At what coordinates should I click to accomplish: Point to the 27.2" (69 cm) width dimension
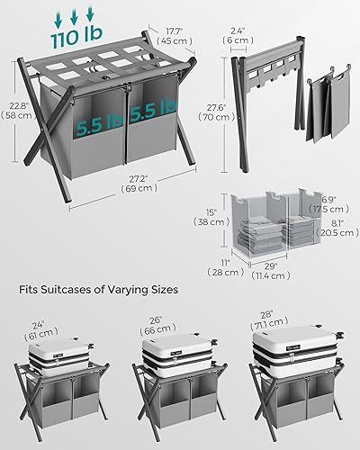point(120,213)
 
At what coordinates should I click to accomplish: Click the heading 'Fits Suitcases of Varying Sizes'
point(99,291)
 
